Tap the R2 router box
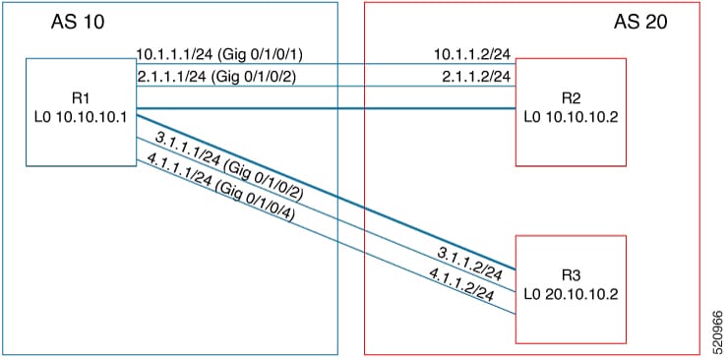tap(570, 110)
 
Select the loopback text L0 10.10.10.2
tap(570, 118)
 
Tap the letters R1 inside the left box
tap(81, 99)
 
